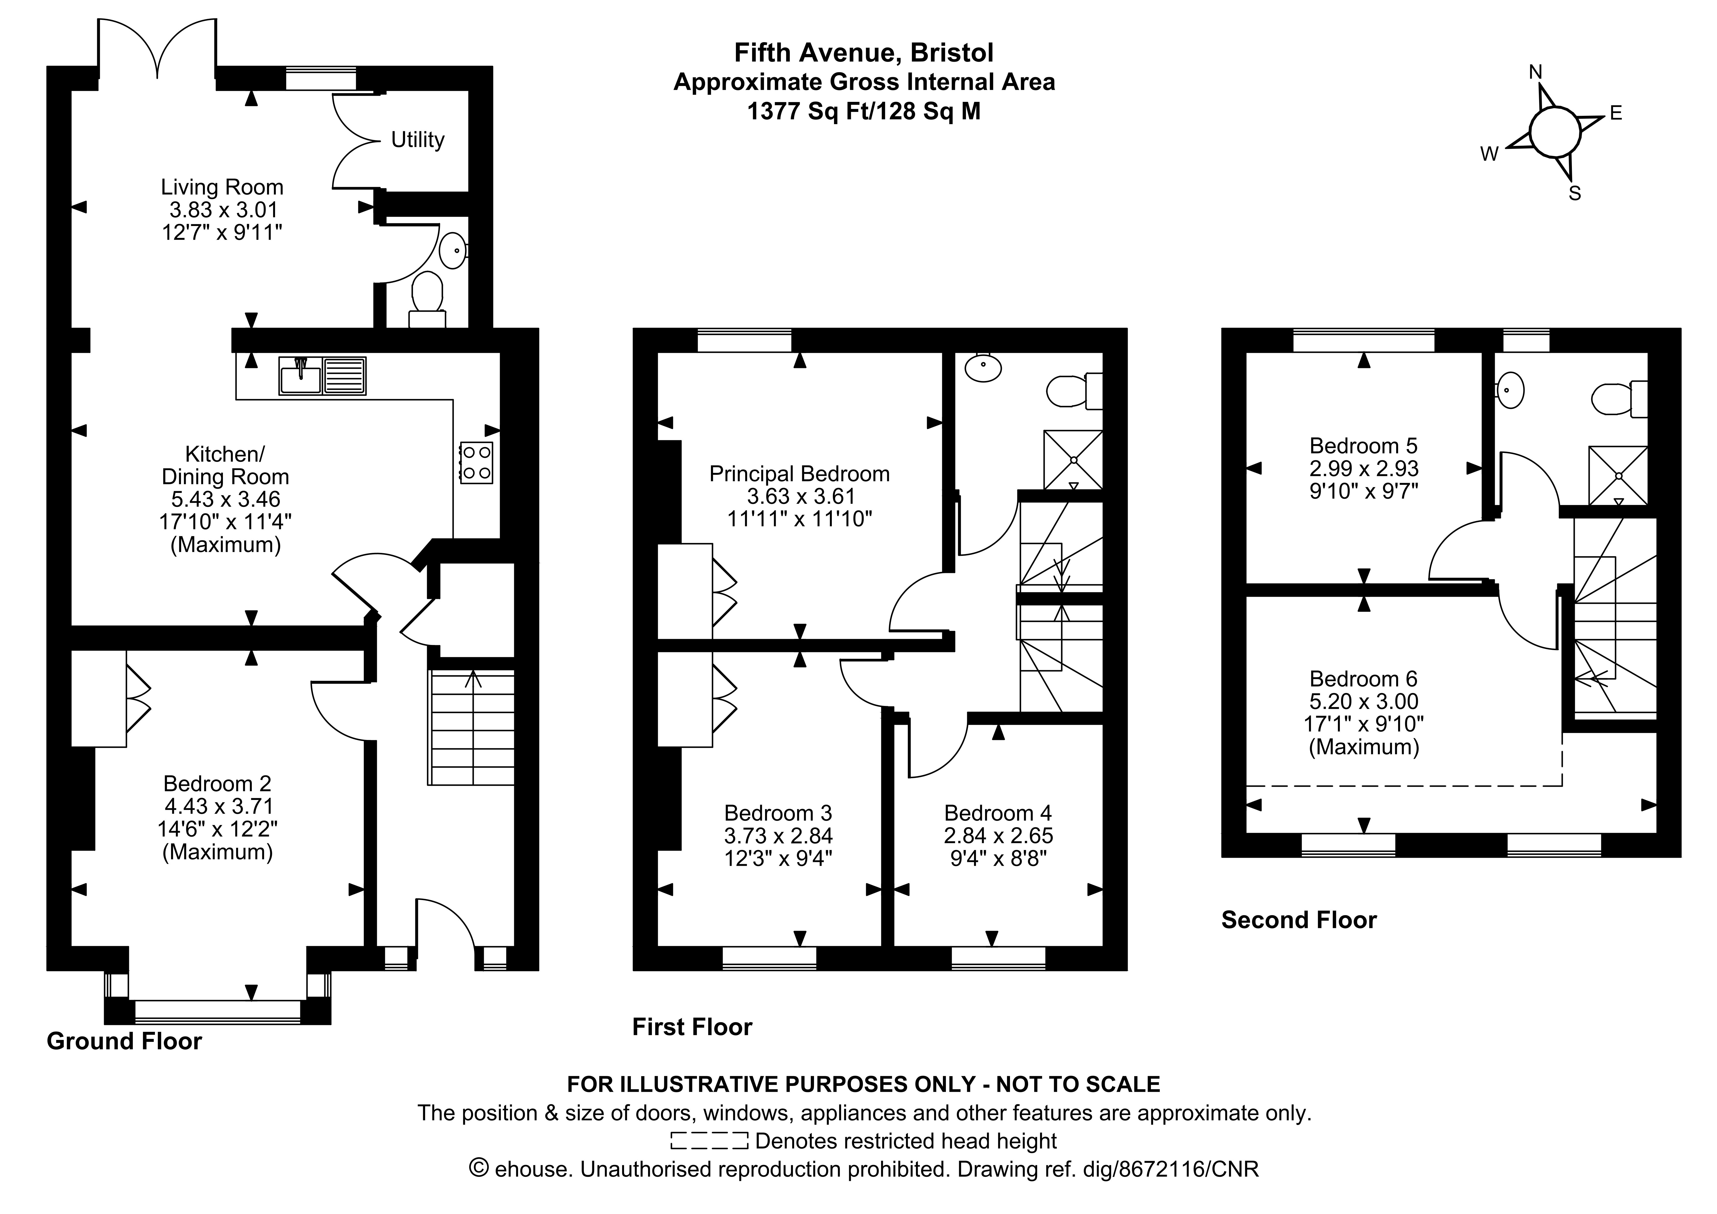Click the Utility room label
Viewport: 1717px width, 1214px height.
pos(417,140)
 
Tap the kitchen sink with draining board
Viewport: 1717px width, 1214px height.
pos(322,376)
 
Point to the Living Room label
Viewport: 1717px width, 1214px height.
pos(222,187)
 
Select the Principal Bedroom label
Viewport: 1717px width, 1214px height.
pos(800,474)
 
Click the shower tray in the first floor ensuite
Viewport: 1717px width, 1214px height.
pos(1073,459)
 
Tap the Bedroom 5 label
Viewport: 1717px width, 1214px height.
pos(1363,446)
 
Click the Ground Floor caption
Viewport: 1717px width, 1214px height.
pos(124,1041)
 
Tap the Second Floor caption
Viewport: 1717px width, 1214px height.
pos(1299,920)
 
